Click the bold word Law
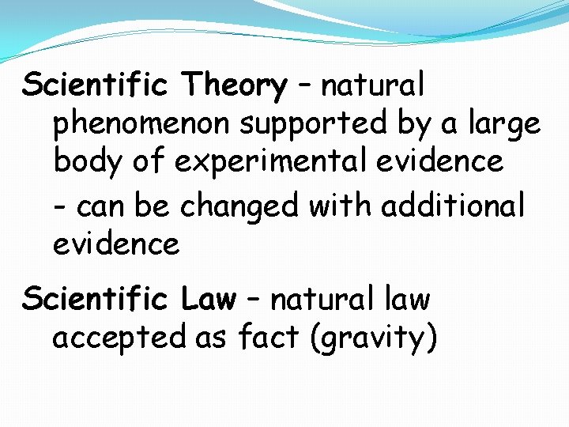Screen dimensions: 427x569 click(x=209, y=300)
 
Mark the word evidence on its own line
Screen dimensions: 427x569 click(x=116, y=244)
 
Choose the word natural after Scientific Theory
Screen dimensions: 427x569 click(x=372, y=85)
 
